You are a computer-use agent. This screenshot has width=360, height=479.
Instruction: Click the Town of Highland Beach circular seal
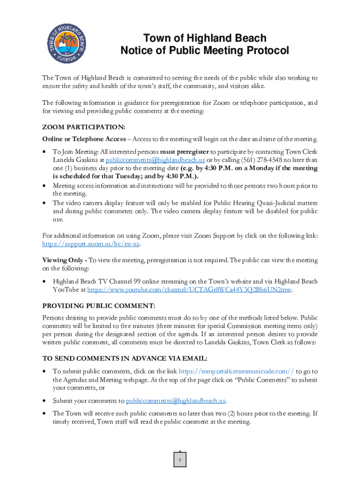[67, 44]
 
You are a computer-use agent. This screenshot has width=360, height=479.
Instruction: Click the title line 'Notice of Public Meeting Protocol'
[205, 51]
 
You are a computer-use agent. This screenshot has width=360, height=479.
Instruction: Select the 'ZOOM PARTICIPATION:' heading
[84, 127]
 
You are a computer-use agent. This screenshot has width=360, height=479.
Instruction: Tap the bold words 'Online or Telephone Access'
[84, 139]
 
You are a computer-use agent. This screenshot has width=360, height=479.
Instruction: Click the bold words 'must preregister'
[185, 152]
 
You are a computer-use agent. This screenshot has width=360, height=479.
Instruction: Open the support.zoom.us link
[91, 244]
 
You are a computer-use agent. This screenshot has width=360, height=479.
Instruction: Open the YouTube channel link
[189, 290]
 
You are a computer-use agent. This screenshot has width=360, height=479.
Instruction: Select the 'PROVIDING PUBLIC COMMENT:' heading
[99, 306]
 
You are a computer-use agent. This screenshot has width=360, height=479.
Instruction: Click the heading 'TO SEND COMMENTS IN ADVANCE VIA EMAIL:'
[124, 359]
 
